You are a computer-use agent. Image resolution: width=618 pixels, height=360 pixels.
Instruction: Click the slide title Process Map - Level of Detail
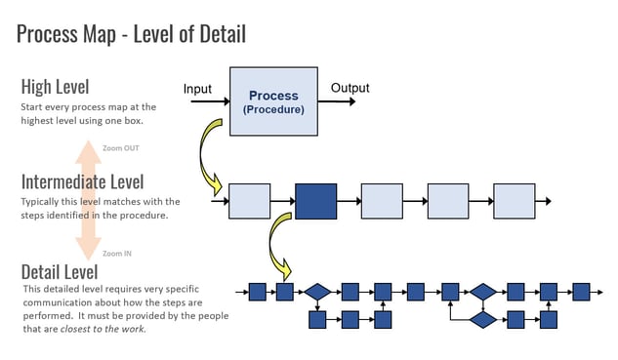(x=131, y=34)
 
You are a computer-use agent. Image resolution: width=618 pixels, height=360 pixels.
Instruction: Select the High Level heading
(x=61, y=86)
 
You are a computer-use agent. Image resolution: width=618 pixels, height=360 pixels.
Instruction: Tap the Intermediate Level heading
(x=82, y=181)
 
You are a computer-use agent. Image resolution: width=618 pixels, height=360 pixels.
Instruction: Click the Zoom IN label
(x=118, y=253)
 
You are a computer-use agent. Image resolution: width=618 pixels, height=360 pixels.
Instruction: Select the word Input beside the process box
(x=197, y=90)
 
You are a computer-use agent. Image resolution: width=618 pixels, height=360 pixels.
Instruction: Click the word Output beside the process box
(x=350, y=88)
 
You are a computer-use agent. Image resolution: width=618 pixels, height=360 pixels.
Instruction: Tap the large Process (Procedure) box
(x=273, y=101)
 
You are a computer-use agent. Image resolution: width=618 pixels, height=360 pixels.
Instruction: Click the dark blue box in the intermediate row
(x=315, y=201)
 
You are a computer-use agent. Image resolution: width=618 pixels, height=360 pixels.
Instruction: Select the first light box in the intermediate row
(x=249, y=201)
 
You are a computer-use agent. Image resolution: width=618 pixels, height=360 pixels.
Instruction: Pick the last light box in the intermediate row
(x=514, y=201)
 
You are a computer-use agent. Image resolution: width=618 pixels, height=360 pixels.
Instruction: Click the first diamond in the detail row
(x=317, y=292)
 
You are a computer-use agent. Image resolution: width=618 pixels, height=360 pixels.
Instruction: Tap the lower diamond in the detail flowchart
(x=483, y=319)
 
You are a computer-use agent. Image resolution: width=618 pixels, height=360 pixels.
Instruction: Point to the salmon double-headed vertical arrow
(x=89, y=200)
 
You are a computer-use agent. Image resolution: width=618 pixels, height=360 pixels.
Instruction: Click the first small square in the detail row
(x=258, y=292)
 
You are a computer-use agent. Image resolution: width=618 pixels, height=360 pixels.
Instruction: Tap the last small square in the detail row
(x=581, y=292)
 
